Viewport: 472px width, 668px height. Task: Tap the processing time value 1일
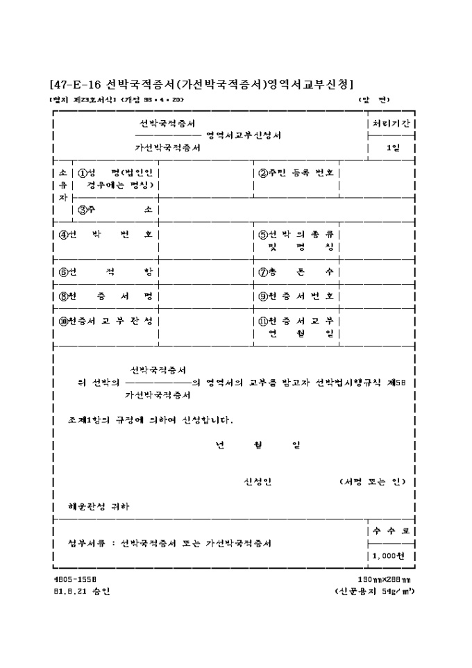pyautogui.click(x=392, y=147)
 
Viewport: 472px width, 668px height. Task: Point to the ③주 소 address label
pyautogui.click(x=115, y=209)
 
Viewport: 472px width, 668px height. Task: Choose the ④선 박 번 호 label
pyautogui.click(x=105, y=234)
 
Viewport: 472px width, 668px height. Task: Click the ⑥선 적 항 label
pyautogui.click(x=105, y=272)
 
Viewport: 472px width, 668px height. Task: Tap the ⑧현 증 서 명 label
pyautogui.click(x=105, y=296)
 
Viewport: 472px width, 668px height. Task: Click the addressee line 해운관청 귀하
pyautogui.click(x=93, y=506)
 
